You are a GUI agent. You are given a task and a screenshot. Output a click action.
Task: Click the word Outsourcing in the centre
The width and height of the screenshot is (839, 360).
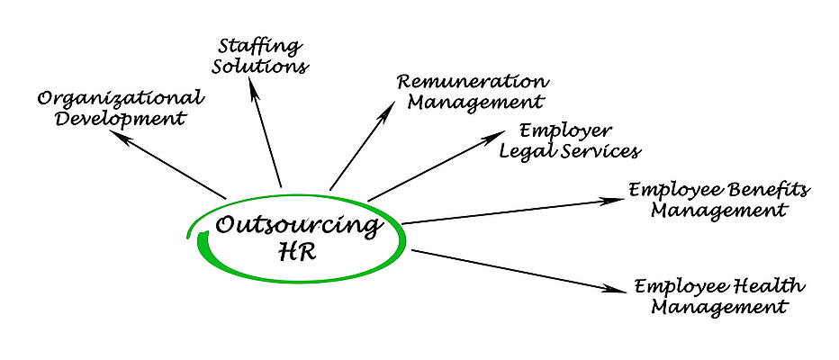coord(296,225)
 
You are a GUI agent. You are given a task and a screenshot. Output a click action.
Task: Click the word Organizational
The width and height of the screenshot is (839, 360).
coord(121,98)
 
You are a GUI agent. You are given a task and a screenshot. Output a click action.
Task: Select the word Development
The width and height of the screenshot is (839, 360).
coord(120,118)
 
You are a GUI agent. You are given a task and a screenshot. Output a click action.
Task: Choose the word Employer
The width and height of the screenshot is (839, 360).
coord(566,130)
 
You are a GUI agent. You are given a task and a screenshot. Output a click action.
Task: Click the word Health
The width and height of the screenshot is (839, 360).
coord(767,286)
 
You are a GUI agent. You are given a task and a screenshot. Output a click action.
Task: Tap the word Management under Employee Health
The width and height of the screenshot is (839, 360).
coord(718,307)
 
